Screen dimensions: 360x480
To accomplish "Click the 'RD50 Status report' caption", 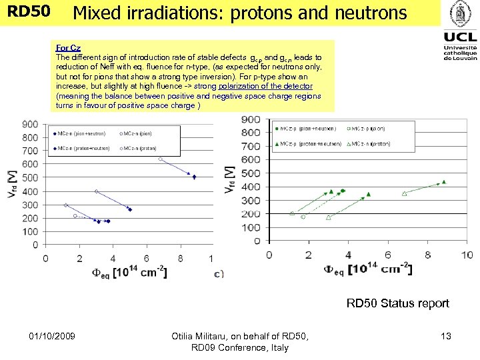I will pos(397,303).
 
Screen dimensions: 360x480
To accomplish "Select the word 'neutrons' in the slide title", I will pos(375,13).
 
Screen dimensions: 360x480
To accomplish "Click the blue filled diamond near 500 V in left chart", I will pos(194,177).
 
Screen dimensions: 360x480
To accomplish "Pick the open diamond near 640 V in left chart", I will pos(160,159).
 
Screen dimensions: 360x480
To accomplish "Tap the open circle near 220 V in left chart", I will pos(75,216).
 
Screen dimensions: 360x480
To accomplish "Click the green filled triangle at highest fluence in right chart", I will pos(444,181).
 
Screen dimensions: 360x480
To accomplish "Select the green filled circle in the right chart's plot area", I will pos(343,191).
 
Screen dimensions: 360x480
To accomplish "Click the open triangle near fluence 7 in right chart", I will pos(404,194).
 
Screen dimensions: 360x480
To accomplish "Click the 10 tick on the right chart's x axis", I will pos(466,255).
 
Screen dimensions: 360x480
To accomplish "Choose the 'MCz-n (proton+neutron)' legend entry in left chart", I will pos(83,148).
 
